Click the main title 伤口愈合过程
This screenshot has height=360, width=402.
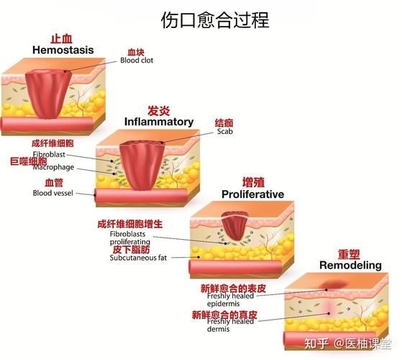click(216, 19)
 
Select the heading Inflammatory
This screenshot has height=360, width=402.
click(159, 121)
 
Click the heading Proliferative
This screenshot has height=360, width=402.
click(252, 194)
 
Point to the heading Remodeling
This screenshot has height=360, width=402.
click(350, 265)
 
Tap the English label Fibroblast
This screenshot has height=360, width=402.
click(52, 155)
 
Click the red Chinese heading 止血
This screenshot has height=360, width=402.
click(60, 38)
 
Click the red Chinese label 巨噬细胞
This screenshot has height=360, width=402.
click(28, 161)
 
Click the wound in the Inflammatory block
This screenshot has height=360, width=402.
click(146, 161)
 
